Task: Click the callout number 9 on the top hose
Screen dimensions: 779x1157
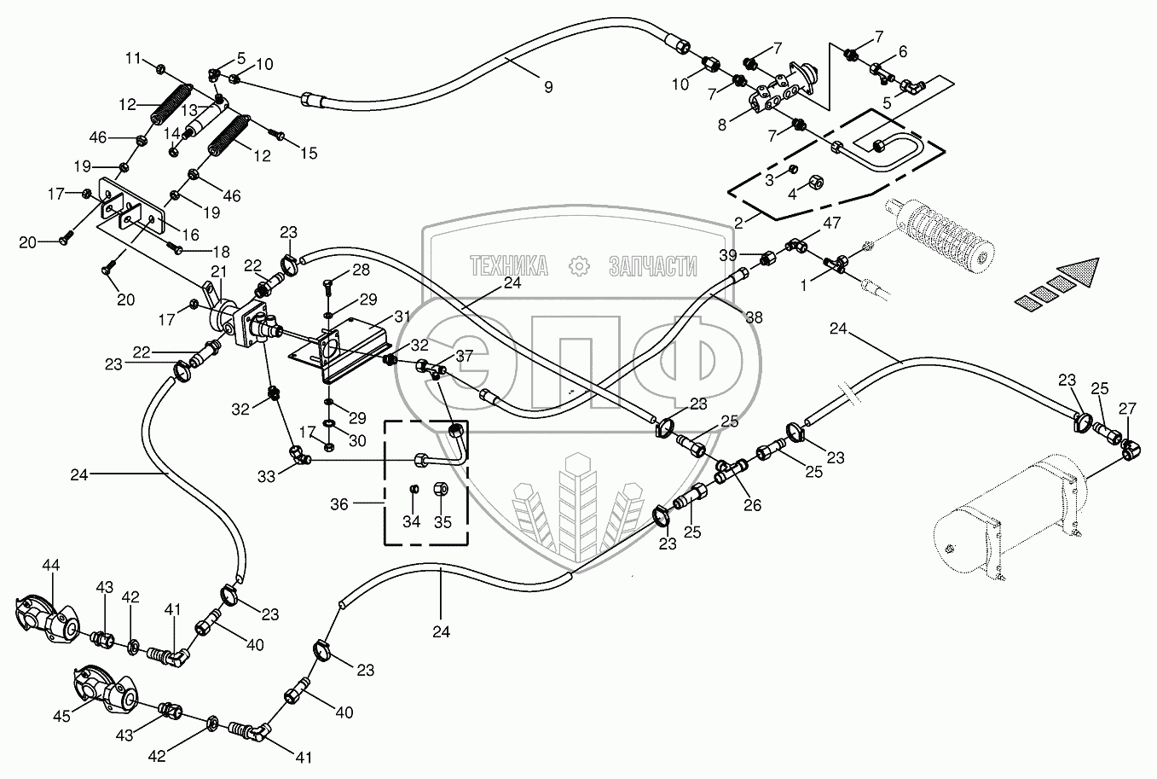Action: coord(548,86)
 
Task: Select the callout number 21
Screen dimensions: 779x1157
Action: coord(219,270)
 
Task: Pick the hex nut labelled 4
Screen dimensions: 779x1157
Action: coord(813,182)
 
